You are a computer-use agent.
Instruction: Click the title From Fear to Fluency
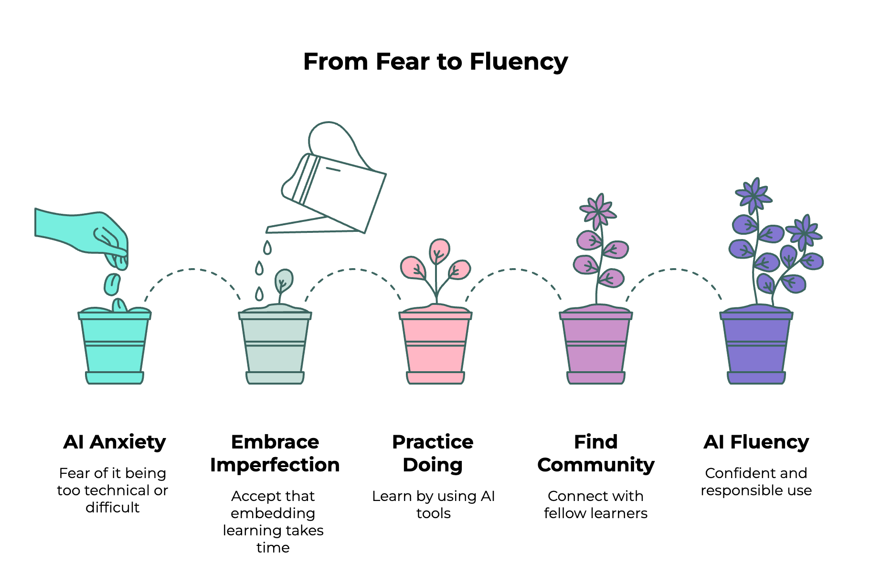coord(435,62)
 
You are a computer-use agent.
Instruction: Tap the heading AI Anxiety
coord(115,442)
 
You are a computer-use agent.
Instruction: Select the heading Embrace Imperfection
coord(275,453)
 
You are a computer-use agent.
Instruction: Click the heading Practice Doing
coord(433,453)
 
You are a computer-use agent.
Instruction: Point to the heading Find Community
coord(595,453)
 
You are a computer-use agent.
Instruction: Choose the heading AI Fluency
coord(756,442)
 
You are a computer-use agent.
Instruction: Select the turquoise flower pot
coord(115,348)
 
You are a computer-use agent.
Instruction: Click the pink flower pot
coord(435,348)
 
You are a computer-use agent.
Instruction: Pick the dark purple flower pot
coord(756,348)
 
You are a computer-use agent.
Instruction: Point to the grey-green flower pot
coord(275,348)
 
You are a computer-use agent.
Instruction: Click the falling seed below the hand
coord(112,284)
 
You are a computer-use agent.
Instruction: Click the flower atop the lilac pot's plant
coord(597,210)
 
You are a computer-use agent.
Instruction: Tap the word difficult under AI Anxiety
coord(113,507)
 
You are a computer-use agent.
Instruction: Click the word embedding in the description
coord(273,513)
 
